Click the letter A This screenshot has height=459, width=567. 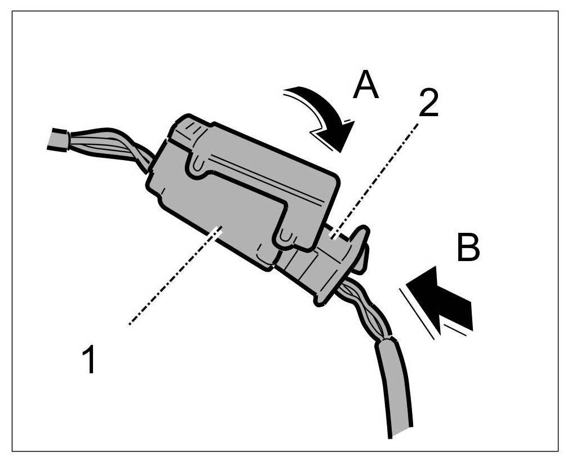[365, 86]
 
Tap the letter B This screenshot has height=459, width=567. [467, 248]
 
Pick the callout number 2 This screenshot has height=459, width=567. [428, 104]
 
